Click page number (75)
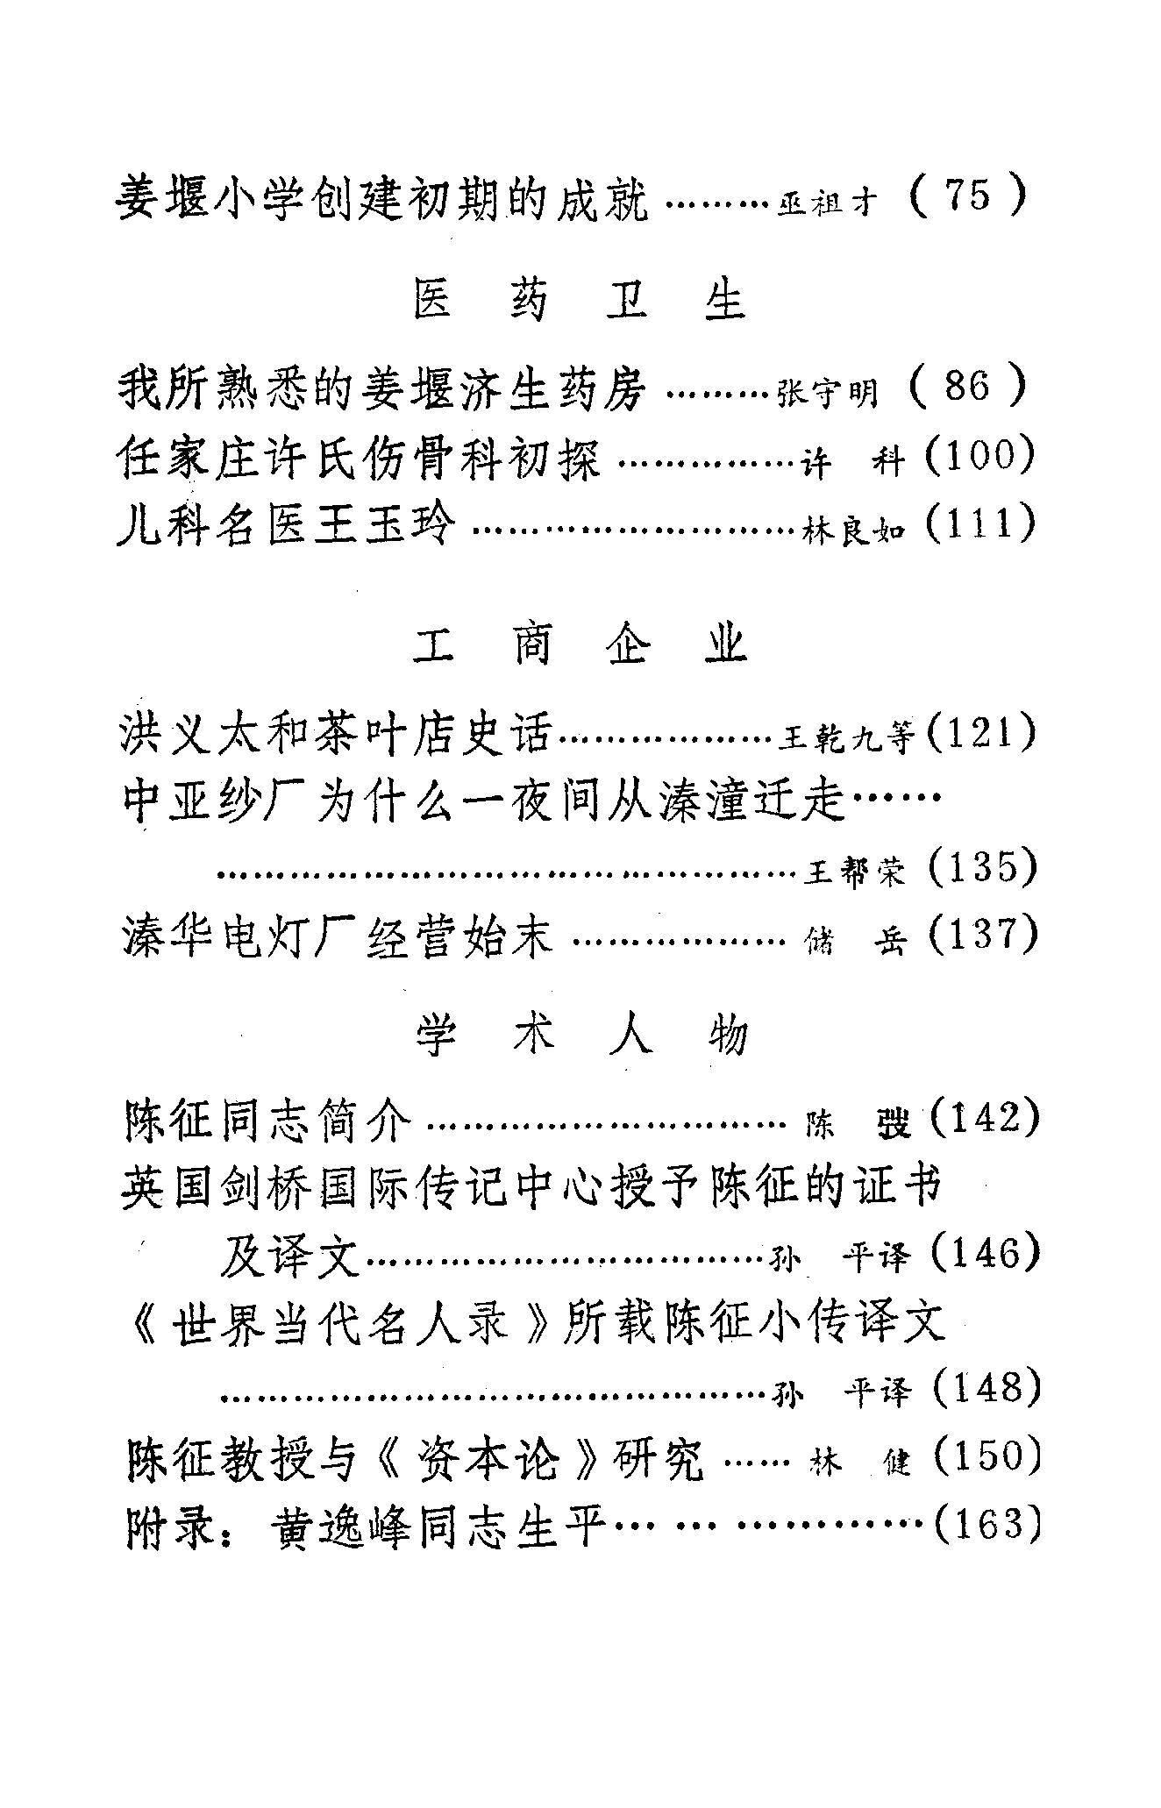967,196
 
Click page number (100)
980,456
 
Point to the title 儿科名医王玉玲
287,527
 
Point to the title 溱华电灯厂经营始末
338,936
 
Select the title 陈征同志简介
267,1121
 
